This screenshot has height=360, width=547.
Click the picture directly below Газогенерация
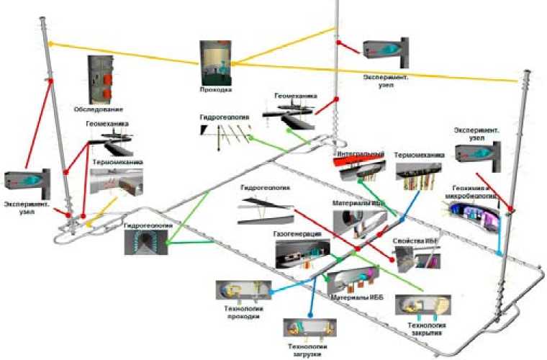click(x=302, y=253)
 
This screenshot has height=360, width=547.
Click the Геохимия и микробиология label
click(x=474, y=190)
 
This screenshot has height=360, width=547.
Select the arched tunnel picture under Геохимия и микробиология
click(x=471, y=215)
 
